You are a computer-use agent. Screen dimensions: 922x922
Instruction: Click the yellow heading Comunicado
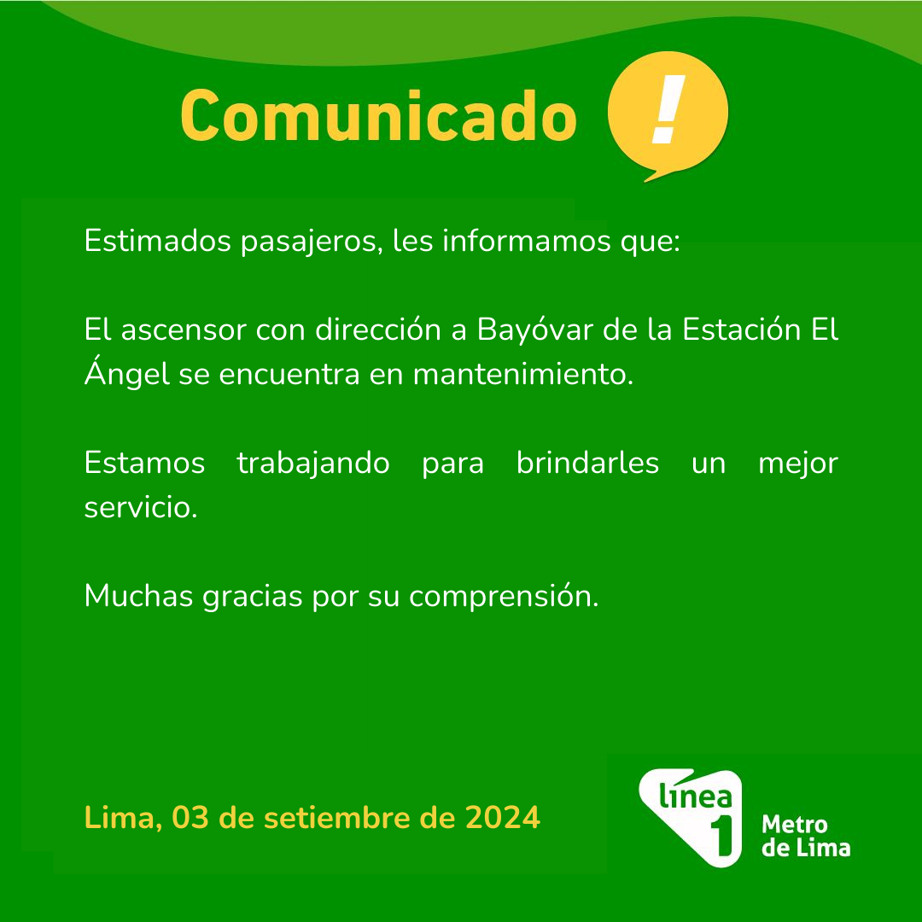(x=378, y=116)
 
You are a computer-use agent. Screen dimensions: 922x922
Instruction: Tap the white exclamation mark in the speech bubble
(x=668, y=109)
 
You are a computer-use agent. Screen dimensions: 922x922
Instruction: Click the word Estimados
(x=157, y=241)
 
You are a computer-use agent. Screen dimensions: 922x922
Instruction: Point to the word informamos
(x=526, y=241)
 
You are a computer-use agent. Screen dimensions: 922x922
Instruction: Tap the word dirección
(x=378, y=329)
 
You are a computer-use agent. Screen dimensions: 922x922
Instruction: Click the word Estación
(x=741, y=329)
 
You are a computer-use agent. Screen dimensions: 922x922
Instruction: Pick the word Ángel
(x=127, y=373)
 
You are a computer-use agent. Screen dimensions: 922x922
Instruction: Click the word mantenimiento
(x=522, y=374)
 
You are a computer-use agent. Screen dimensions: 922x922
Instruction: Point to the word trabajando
(x=312, y=464)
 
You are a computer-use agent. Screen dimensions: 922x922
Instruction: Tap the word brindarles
(x=587, y=462)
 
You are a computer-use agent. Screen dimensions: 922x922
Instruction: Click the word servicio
(x=141, y=507)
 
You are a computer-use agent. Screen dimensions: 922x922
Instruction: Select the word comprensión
(x=504, y=597)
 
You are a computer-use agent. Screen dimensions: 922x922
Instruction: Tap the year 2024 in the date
(x=503, y=817)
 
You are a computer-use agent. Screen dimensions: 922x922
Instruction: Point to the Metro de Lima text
(x=806, y=836)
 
